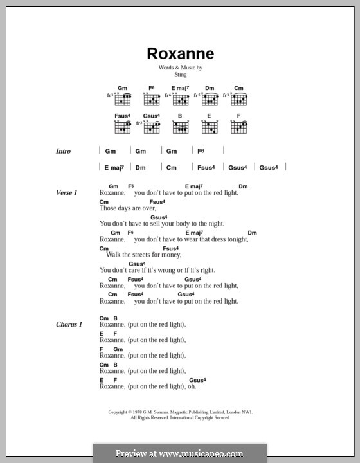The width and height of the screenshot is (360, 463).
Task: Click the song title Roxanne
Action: (x=180, y=54)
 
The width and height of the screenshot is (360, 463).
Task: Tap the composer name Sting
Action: (x=180, y=75)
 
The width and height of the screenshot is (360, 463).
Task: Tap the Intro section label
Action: (x=63, y=151)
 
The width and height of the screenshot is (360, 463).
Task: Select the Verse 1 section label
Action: (x=66, y=193)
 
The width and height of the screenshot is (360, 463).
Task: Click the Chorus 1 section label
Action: (x=69, y=325)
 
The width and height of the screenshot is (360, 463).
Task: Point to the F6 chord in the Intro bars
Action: (x=201, y=151)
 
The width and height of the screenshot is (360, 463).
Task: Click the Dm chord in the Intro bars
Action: (x=140, y=167)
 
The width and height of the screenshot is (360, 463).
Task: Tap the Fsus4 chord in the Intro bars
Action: (x=206, y=167)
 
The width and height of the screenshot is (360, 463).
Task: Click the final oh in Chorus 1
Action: (x=191, y=386)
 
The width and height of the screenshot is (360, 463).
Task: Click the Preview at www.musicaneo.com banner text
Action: (x=180, y=453)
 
